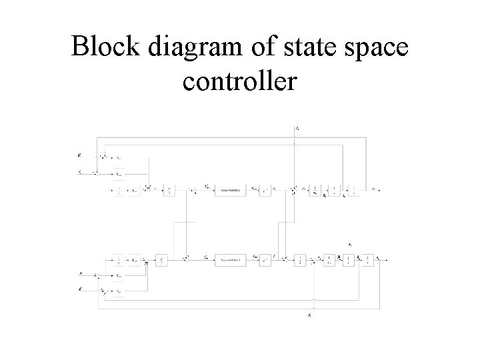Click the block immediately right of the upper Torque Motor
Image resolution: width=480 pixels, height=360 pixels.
(x=265, y=191)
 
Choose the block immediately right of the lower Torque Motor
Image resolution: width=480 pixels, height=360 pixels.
(x=265, y=257)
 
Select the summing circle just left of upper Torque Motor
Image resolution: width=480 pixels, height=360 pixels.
(x=194, y=191)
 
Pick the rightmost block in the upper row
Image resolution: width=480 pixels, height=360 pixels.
(x=353, y=190)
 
